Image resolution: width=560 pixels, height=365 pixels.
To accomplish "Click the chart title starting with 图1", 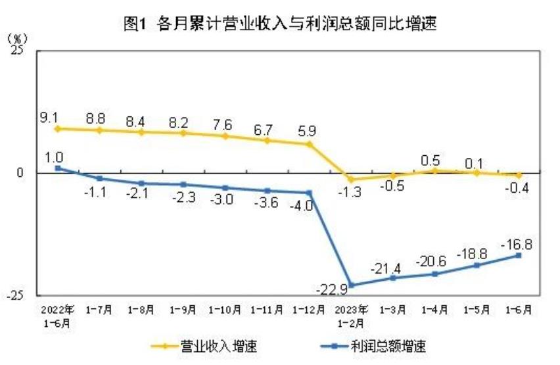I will tap(280, 24).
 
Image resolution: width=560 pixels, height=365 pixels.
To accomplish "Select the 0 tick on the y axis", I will tap(21, 173).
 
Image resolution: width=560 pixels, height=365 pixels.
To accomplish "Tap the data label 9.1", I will tap(49, 118).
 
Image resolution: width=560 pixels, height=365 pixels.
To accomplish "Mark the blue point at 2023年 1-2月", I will tap(351, 285).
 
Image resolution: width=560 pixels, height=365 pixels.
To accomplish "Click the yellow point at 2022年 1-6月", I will tap(58, 129).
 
